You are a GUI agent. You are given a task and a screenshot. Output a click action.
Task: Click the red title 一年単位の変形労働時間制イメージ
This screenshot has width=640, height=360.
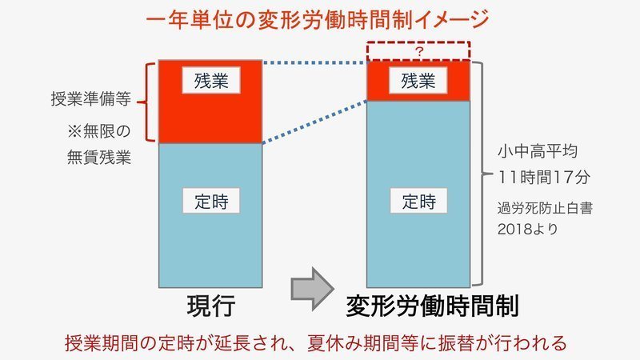(x=320, y=18)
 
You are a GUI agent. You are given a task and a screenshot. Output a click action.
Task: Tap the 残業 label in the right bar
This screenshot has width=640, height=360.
(x=417, y=81)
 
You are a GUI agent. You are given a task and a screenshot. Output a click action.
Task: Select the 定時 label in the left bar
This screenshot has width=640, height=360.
(x=210, y=201)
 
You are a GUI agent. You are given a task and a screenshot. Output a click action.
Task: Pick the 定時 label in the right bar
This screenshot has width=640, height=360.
(x=417, y=201)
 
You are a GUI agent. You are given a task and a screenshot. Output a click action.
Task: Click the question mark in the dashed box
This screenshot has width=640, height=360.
(x=418, y=50)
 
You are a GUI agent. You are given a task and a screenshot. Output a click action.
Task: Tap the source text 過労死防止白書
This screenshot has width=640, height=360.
(x=546, y=207)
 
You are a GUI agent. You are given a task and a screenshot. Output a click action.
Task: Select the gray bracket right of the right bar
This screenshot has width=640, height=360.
(x=477, y=172)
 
